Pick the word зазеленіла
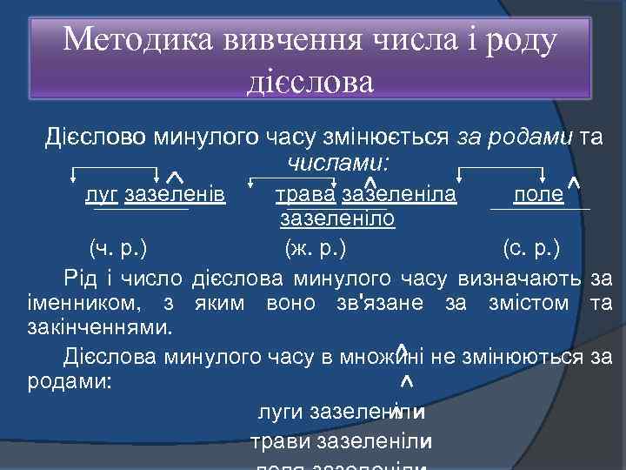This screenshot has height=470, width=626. pos(400,192)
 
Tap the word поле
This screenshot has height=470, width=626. pos(538,192)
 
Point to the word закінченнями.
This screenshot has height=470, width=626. pos(96,328)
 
